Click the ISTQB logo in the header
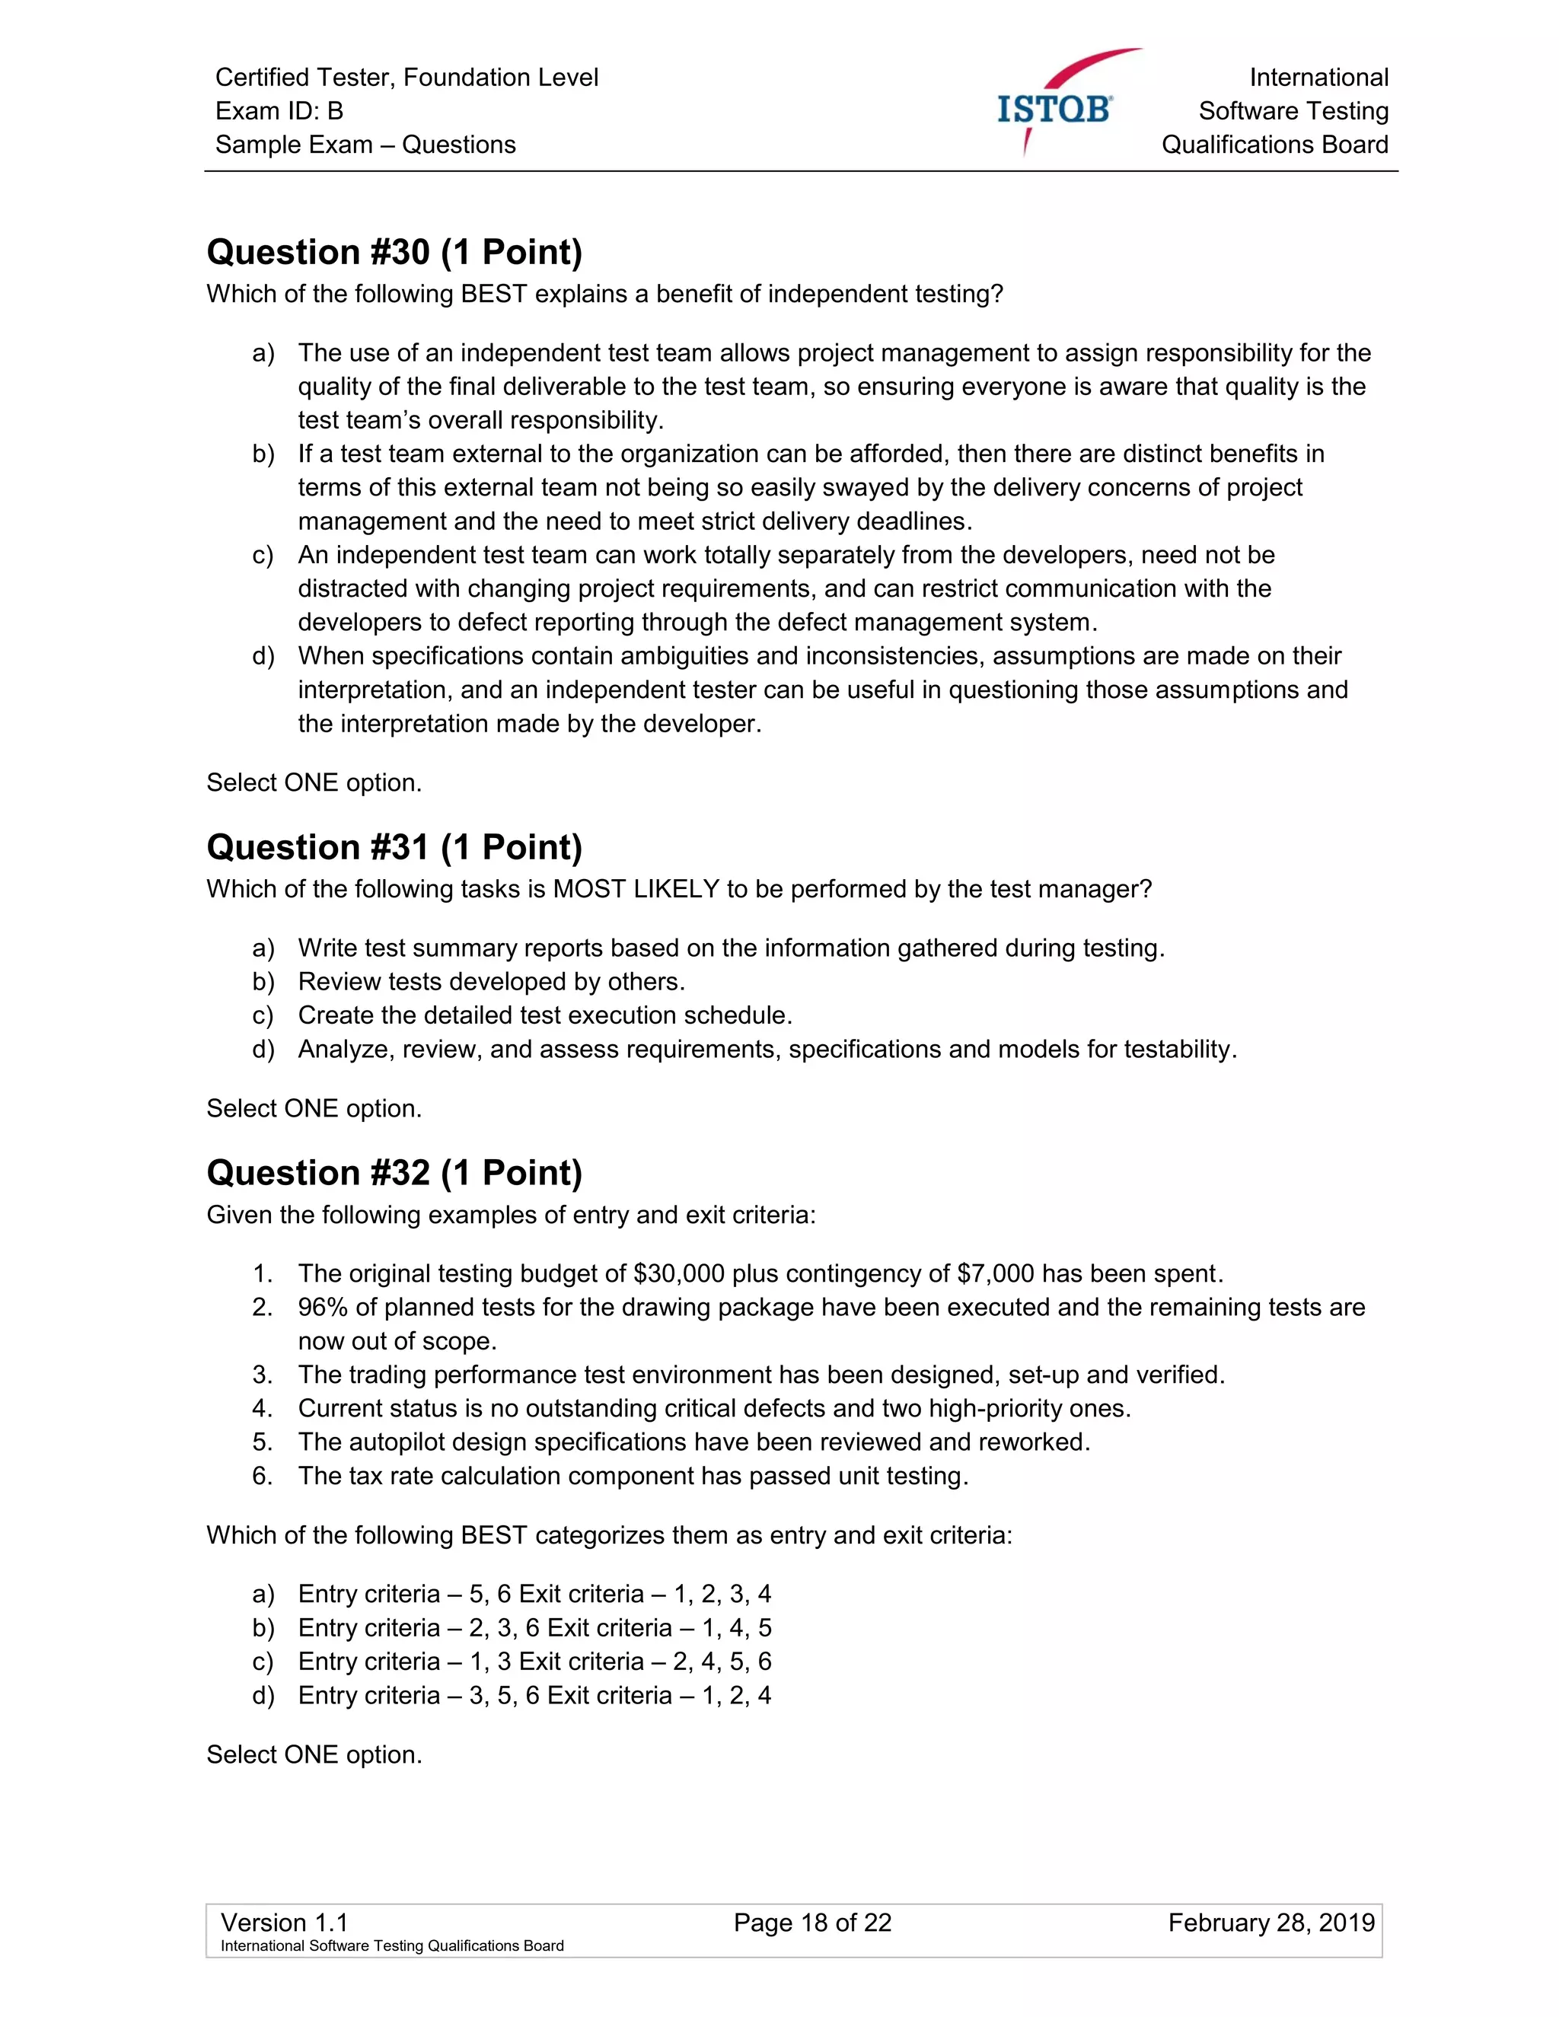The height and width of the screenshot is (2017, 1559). (1056, 108)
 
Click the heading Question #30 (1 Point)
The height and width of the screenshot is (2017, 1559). (394, 252)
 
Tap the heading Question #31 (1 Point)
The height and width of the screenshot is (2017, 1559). (394, 847)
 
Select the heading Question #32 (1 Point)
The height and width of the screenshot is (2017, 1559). (394, 1173)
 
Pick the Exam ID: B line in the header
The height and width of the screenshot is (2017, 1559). (279, 111)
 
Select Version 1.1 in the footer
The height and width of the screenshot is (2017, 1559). (285, 1923)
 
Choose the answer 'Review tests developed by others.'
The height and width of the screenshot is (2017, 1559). (490, 982)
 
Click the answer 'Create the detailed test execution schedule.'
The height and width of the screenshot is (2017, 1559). (545, 1016)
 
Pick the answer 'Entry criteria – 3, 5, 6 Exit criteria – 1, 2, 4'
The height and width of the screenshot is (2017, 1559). (534, 1696)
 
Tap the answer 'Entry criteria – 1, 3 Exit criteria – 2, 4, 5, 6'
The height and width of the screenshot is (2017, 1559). (534, 1662)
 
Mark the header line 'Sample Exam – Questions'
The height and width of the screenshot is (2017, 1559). (365, 145)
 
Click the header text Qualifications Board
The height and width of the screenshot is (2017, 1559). (1274, 145)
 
